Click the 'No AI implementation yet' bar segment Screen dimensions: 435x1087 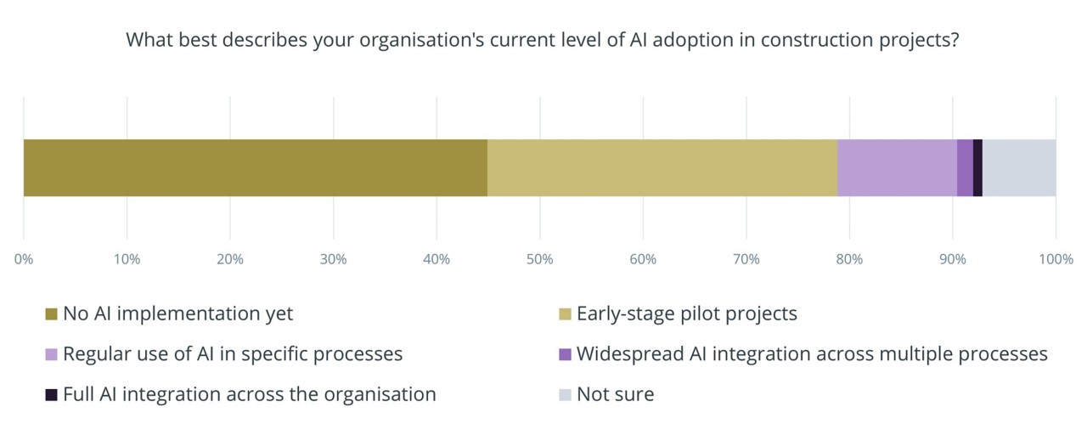tap(255, 167)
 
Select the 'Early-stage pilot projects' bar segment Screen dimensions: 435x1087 tap(662, 167)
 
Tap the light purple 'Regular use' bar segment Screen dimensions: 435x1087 tap(897, 167)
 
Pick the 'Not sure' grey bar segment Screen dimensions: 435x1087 tap(1019, 167)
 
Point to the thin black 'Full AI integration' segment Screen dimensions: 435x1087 tap(977, 167)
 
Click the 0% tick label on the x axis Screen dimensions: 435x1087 tap(24, 259)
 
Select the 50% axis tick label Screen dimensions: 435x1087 tap(540, 259)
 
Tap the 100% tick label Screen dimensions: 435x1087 tap(1056, 259)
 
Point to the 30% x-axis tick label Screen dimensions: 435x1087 tap(334, 259)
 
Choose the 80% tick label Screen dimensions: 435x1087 tap(849, 259)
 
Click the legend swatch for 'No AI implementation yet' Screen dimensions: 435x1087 tap(51, 314)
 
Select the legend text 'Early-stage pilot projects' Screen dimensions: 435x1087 tap(686, 314)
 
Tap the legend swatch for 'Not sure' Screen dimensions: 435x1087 tap(565, 395)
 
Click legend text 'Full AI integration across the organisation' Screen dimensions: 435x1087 tap(249, 394)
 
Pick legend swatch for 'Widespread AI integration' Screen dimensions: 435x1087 tap(565, 354)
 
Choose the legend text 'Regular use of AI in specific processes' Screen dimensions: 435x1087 tap(233, 353)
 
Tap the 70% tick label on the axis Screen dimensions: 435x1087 tap(746, 259)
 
